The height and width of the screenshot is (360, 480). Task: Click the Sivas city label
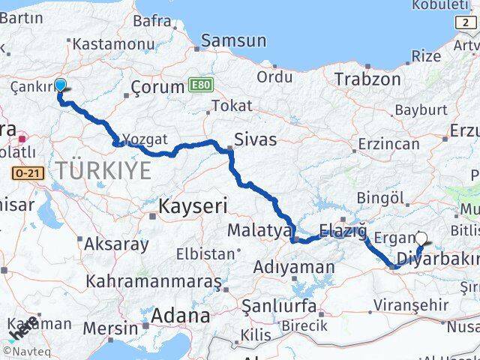pyautogui.click(x=255, y=139)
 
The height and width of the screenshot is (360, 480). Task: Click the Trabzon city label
pyautogui.click(x=367, y=79)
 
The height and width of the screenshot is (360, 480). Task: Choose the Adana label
pyautogui.click(x=180, y=316)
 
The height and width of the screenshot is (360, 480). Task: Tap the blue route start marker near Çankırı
pyautogui.click(x=60, y=85)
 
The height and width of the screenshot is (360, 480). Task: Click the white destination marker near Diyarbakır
pyautogui.click(x=421, y=239)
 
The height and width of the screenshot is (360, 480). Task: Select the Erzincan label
pyautogui.click(x=388, y=142)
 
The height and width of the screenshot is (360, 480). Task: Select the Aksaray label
pyautogui.click(x=115, y=243)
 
